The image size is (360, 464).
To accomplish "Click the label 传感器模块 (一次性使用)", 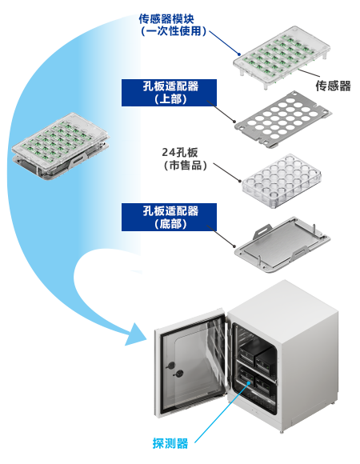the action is coord(172,25).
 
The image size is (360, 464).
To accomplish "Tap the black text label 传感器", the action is coord(333,86).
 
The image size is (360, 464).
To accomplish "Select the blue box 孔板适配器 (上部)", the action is coord(169,93).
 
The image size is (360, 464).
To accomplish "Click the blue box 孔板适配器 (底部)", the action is coord(169,217).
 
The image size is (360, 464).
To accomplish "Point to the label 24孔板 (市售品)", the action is coord(184,159).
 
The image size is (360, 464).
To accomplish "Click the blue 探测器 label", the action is coord(170,443).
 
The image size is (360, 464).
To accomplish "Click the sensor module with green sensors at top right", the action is coord(281,57).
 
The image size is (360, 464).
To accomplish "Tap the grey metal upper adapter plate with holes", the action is coord(283,119).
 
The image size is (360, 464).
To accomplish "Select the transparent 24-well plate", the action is coord(282,181).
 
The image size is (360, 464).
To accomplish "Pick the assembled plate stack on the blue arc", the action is coord(60,146).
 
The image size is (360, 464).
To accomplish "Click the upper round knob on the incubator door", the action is coord(170,366).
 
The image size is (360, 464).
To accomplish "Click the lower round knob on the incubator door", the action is coord(179,374).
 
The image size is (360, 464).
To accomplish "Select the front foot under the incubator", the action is coord(281,432).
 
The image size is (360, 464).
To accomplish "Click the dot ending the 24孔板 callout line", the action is coord(240,181).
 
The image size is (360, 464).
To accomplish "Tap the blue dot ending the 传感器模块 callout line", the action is coord(239,54).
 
